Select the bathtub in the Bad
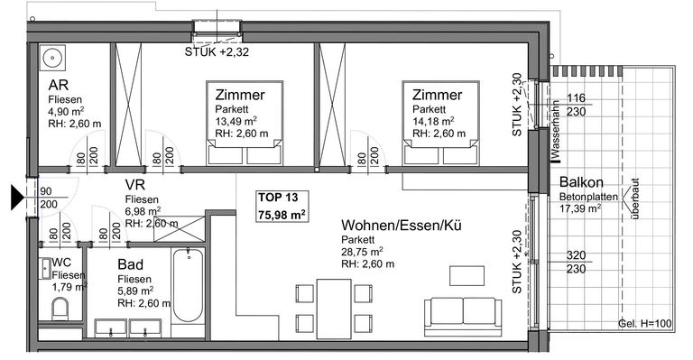(189, 285)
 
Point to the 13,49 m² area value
(236, 121)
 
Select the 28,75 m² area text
(362, 252)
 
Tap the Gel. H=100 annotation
(644, 324)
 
